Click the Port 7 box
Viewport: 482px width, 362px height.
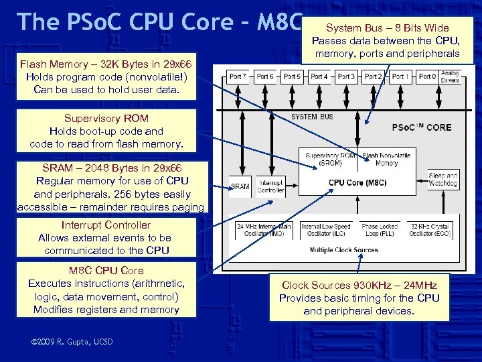tap(238, 76)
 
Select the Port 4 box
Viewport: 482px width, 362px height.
tap(319, 76)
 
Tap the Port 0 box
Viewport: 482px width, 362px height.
tap(427, 76)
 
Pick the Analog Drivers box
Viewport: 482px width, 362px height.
tap(451, 76)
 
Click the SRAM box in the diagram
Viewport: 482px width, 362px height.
tap(240, 186)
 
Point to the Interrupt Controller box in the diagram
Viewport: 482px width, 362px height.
tap(270, 186)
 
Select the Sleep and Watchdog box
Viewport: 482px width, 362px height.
tap(443, 179)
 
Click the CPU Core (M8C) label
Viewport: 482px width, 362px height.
tap(357, 182)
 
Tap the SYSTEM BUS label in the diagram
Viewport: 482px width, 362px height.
tap(312, 117)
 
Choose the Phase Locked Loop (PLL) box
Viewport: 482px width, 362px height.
tap(380, 230)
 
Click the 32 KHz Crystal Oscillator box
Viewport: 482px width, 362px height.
tap(430, 230)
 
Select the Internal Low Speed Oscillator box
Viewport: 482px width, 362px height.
tap(326, 230)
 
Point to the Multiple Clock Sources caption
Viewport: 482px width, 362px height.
tap(343, 250)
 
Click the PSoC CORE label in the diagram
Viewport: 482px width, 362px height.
tap(421, 127)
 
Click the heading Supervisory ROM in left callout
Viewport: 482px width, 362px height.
tap(106, 119)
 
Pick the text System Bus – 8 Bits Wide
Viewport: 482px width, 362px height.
tap(387, 27)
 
